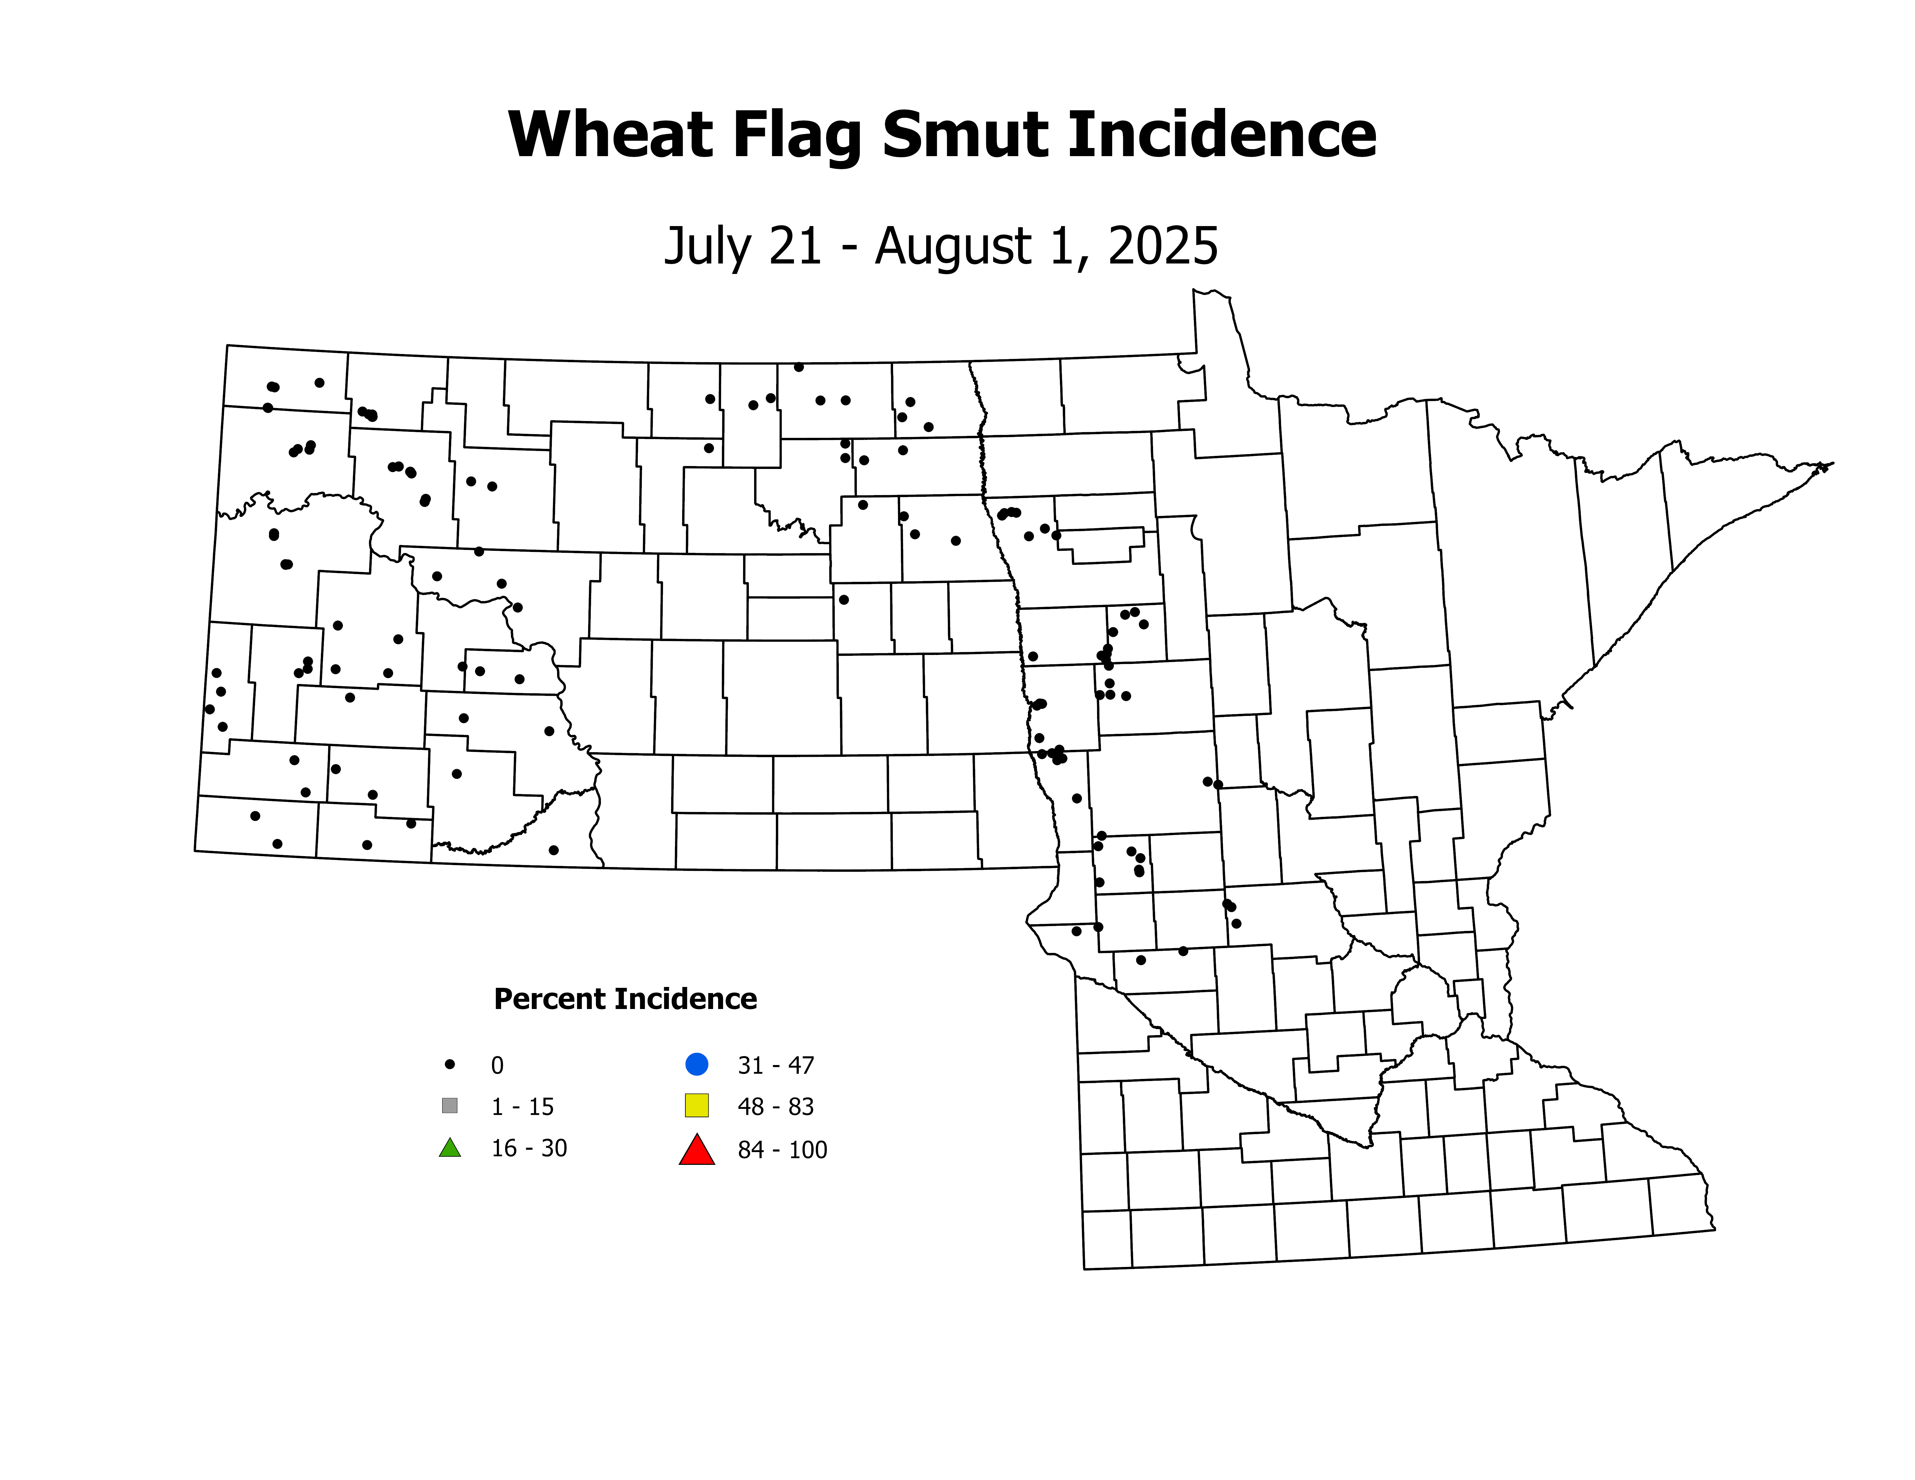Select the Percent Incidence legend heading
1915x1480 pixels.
tap(625, 999)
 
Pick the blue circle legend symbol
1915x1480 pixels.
tap(697, 1064)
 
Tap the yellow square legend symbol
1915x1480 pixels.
tap(697, 1106)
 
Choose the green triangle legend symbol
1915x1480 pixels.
tap(450, 1148)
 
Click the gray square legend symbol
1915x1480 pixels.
tap(450, 1106)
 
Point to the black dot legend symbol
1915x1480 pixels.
tap(450, 1064)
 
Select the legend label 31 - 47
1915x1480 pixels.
tap(776, 1065)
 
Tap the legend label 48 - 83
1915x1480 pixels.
tap(776, 1107)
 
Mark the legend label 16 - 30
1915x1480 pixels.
tap(529, 1149)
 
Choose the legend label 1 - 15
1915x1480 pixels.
tap(523, 1107)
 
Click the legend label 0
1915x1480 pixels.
tap(497, 1065)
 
